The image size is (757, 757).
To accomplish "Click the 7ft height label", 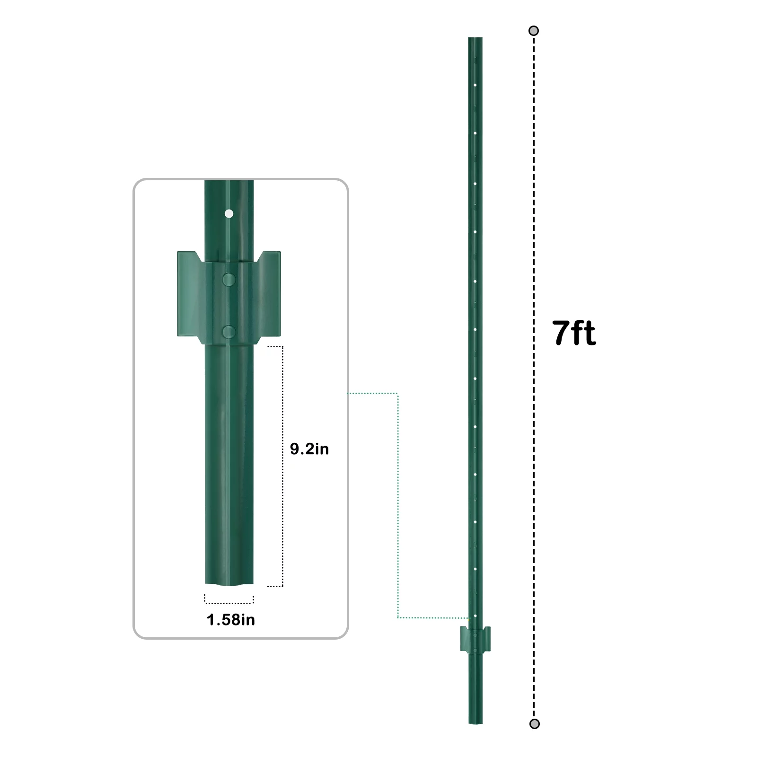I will click(574, 333).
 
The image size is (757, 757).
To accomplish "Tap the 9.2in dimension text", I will click(309, 449).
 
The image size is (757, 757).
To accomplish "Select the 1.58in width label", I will click(230, 620).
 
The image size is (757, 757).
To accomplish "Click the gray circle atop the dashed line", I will click(534, 31).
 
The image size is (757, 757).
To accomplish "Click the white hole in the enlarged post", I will click(229, 214).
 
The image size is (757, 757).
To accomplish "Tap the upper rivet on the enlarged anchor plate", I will click(229, 280).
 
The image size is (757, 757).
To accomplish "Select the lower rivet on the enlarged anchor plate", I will click(229, 332).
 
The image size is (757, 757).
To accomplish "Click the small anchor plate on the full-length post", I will click(475, 639).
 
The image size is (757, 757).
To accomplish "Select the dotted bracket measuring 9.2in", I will click(282, 466).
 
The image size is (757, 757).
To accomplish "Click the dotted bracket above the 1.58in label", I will click(229, 602).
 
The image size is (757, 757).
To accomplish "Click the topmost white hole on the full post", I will click(475, 85).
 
